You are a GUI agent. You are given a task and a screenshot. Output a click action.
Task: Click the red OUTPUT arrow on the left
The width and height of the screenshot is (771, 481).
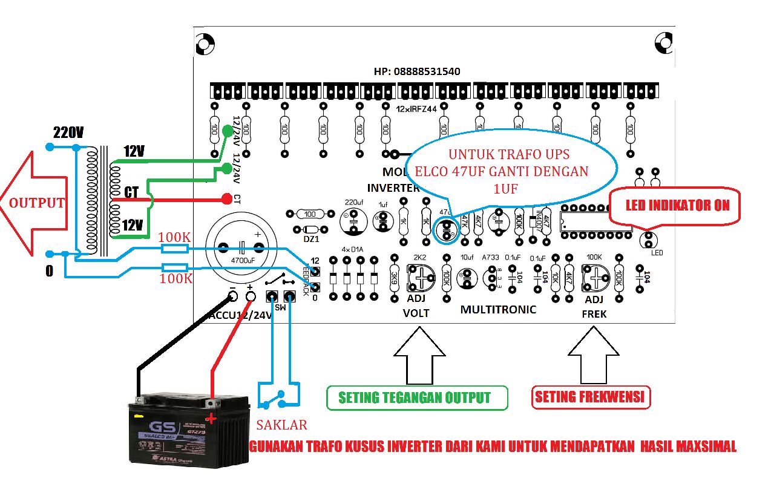33,203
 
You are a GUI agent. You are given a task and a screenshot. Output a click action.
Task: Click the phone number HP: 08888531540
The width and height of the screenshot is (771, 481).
417,71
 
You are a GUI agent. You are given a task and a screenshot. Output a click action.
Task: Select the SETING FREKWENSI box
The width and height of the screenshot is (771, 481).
591,398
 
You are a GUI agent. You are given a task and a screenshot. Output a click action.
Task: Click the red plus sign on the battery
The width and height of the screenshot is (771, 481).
211,419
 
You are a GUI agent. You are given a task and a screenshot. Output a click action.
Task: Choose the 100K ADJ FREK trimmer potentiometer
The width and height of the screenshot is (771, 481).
595,278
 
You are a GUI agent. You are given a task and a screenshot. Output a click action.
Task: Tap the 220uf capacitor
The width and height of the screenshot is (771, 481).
353,222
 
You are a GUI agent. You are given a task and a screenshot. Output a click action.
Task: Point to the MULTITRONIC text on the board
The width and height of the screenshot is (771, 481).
498,310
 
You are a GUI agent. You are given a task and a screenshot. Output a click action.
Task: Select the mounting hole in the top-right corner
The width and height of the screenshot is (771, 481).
663,42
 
